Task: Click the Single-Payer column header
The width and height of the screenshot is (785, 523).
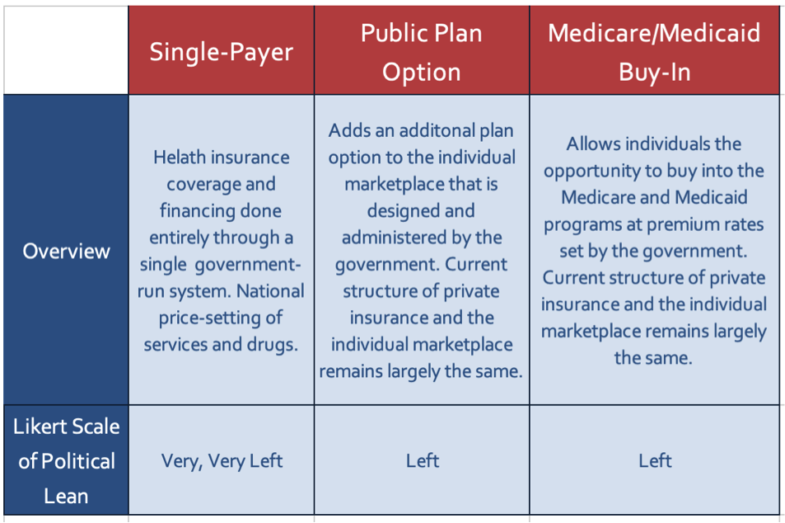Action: click(x=221, y=52)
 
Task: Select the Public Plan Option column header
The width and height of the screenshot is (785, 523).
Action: click(x=421, y=52)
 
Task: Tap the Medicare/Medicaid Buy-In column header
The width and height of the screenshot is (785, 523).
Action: click(x=655, y=52)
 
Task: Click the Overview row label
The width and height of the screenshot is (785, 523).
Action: click(x=66, y=251)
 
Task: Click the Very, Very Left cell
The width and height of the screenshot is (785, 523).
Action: click(x=221, y=460)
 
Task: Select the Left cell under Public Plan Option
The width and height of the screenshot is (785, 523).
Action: click(x=422, y=460)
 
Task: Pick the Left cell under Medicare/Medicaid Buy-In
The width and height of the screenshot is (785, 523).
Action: click(x=655, y=460)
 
